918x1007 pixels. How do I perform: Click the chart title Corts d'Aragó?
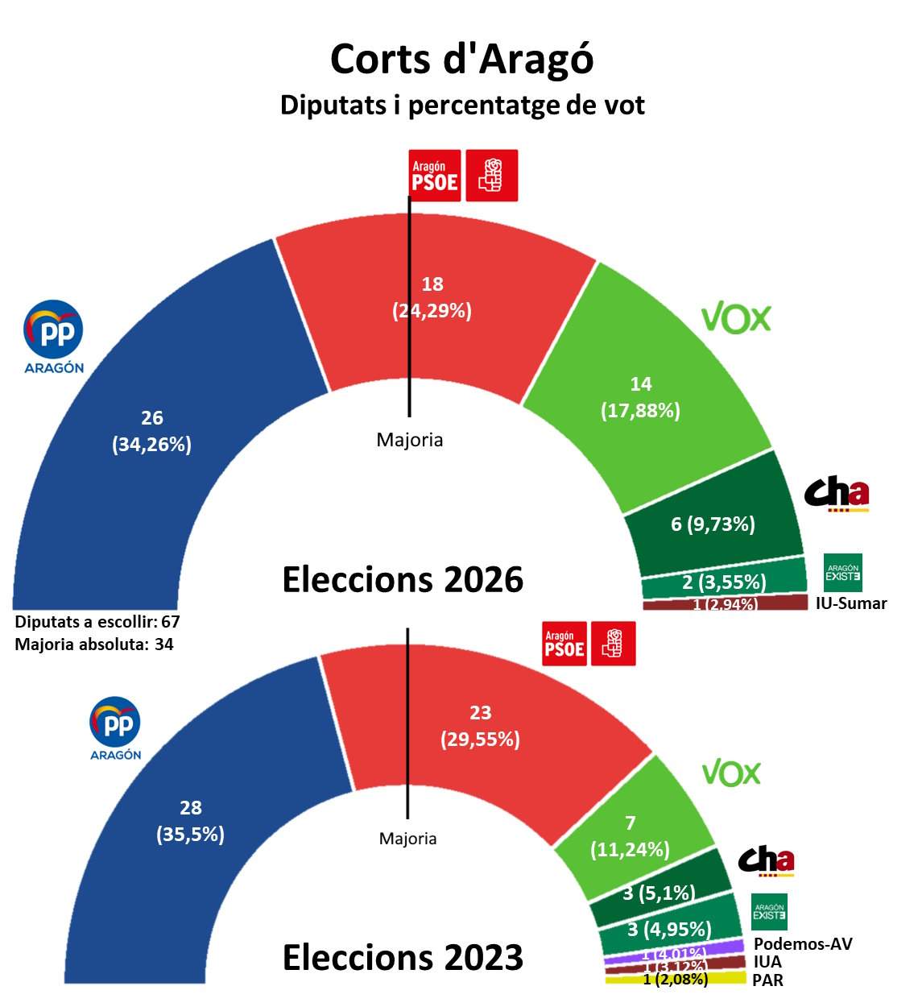[x=461, y=59]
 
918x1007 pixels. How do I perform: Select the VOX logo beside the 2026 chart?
[x=736, y=318]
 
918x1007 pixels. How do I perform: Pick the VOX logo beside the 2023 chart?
[x=731, y=773]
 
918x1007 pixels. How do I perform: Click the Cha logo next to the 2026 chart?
[x=837, y=494]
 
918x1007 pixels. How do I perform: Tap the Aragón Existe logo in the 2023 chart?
[x=769, y=912]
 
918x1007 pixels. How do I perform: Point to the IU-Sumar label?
[x=851, y=603]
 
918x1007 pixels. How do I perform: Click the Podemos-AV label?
[x=803, y=944]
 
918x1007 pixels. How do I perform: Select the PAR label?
[x=767, y=980]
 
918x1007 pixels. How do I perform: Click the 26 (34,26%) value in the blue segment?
[x=152, y=431]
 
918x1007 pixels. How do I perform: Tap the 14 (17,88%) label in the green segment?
[x=641, y=397]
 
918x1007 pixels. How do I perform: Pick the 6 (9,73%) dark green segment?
[x=713, y=524]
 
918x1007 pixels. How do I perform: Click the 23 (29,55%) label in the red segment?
[x=480, y=726]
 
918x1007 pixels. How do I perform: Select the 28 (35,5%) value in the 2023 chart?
[x=191, y=821]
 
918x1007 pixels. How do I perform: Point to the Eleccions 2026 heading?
[x=403, y=579]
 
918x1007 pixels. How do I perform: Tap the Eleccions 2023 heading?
[x=403, y=957]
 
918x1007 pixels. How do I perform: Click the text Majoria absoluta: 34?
[x=94, y=644]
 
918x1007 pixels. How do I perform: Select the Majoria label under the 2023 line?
[x=408, y=839]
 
